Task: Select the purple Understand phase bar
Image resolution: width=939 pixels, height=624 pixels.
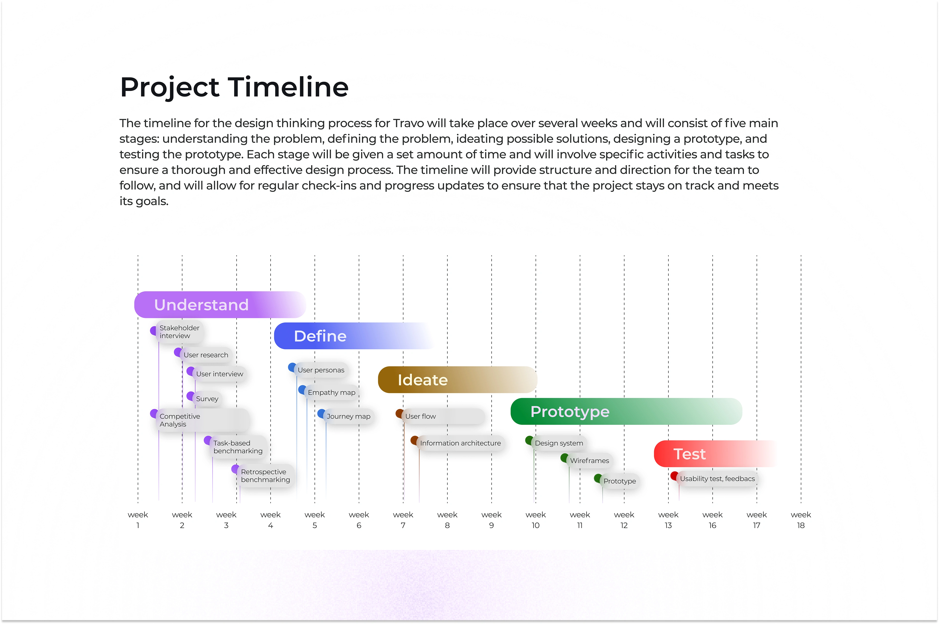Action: click(220, 305)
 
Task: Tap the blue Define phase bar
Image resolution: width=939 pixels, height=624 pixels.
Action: click(354, 336)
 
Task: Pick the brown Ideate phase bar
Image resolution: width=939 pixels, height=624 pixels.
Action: click(457, 380)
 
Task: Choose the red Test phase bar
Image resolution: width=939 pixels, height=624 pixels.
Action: click(715, 454)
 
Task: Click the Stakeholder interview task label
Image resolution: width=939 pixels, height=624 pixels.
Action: click(179, 331)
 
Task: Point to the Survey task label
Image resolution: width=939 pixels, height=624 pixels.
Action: click(207, 399)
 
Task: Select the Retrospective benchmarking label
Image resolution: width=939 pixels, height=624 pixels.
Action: click(265, 476)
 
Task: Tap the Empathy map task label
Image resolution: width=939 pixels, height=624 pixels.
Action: click(331, 392)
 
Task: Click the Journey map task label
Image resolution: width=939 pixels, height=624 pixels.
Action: click(348, 416)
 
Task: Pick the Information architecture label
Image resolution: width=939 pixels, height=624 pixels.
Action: click(460, 443)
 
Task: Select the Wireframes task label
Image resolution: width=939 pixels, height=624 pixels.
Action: click(589, 460)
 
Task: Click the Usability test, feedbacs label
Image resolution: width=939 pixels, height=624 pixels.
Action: click(717, 479)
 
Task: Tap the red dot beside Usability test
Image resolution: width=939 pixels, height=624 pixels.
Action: click(674, 476)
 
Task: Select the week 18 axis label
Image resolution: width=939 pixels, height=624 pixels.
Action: click(801, 520)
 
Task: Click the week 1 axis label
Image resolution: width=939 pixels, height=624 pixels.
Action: click(138, 520)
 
